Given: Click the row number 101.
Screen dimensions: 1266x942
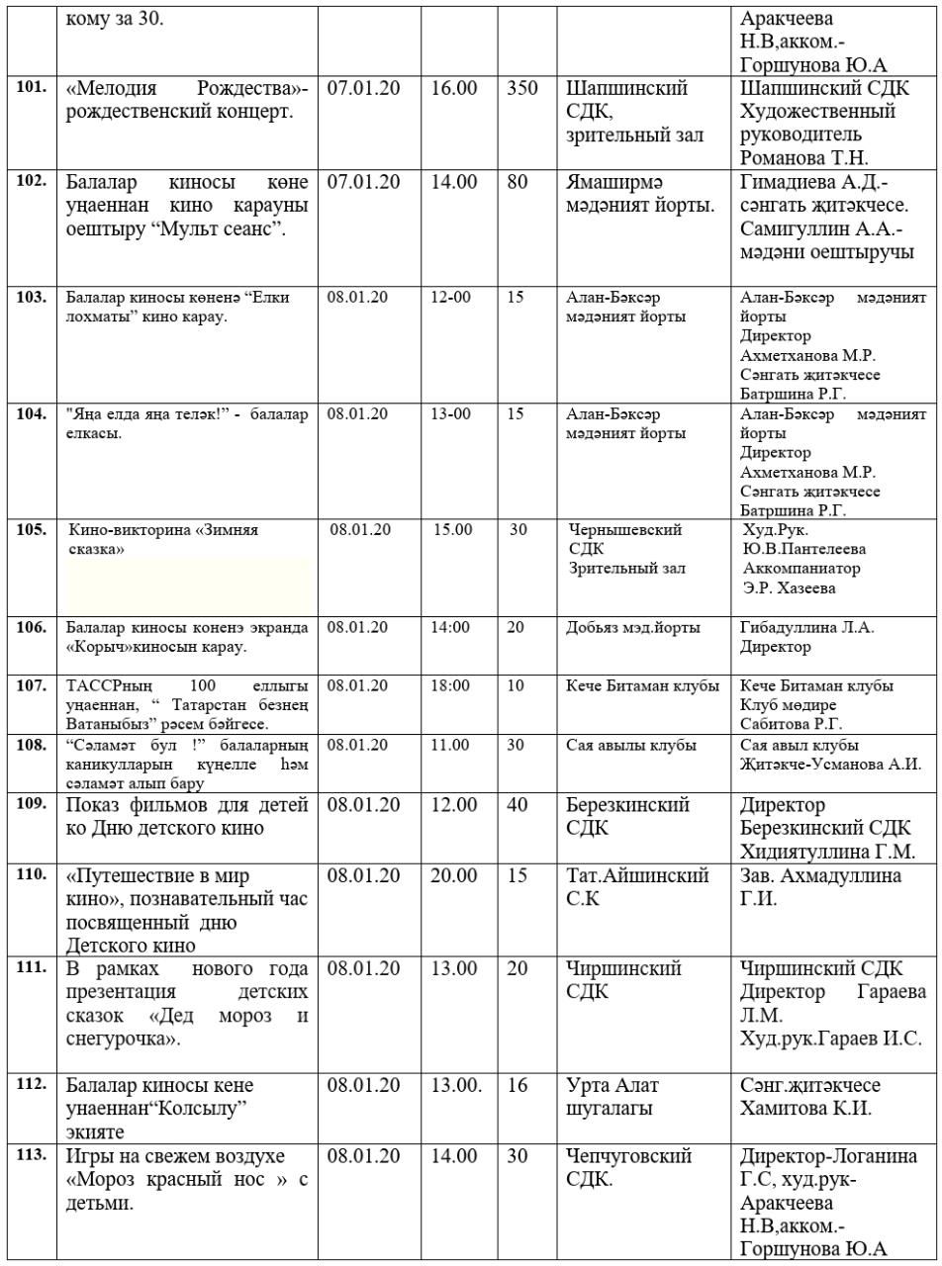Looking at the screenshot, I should tap(33, 87).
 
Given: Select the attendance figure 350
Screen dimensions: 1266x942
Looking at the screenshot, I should tap(521, 88).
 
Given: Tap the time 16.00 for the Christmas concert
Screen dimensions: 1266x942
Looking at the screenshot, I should tap(454, 88).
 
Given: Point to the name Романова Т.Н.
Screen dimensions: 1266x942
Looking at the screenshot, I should tap(803, 157).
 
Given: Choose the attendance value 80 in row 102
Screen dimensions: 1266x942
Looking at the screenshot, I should tap(518, 183).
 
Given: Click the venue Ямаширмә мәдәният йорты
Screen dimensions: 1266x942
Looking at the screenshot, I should tap(640, 194).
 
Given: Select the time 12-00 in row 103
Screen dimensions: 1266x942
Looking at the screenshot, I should tap(451, 298).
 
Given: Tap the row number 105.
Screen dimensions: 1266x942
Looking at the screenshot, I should tap(32, 529).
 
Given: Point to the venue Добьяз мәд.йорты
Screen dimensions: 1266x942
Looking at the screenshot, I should tap(633, 627).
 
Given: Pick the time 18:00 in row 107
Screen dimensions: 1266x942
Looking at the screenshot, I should tap(450, 685).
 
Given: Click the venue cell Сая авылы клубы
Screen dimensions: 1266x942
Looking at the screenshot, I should tap(631, 745).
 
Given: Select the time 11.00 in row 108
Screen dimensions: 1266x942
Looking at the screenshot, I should tap(450, 745).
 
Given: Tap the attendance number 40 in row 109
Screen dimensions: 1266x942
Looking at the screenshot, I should tap(518, 806).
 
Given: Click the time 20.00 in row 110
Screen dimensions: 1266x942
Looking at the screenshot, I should tap(454, 876).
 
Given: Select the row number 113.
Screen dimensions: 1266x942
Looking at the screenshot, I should tap(33, 1155).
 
